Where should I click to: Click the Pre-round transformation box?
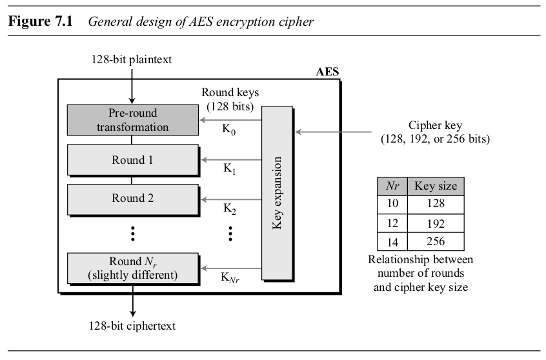tap(132, 119)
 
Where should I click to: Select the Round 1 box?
tap(132, 160)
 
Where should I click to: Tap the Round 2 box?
tap(132, 199)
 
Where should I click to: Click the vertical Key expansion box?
tap(278, 194)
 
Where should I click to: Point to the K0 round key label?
tap(230, 131)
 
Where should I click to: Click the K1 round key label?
tap(230, 168)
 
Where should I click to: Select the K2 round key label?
tap(230, 208)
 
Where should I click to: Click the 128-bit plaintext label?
tap(132, 60)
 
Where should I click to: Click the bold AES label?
tap(327, 71)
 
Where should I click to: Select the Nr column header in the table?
tap(392, 186)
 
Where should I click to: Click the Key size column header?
tap(436, 186)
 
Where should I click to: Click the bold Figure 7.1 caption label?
tap(42, 21)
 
